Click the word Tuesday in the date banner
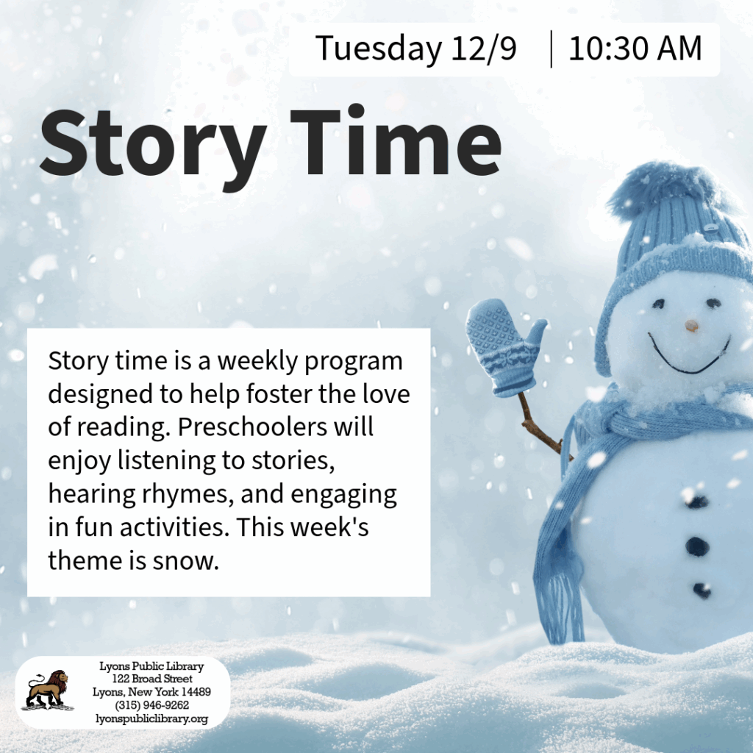pyautogui.click(x=379, y=49)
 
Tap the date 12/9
pyautogui.click(x=484, y=48)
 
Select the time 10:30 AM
pyautogui.click(x=635, y=48)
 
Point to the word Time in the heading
pyautogui.click(x=396, y=140)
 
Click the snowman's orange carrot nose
pyautogui.click(x=691, y=326)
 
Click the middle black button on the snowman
pyautogui.click(x=697, y=546)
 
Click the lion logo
pyautogui.click(x=48, y=690)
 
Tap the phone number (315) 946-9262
pyautogui.click(x=151, y=705)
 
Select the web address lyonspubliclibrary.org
pyautogui.click(x=151, y=719)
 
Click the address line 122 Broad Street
pyautogui.click(x=151, y=679)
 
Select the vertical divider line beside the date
pyautogui.click(x=551, y=49)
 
